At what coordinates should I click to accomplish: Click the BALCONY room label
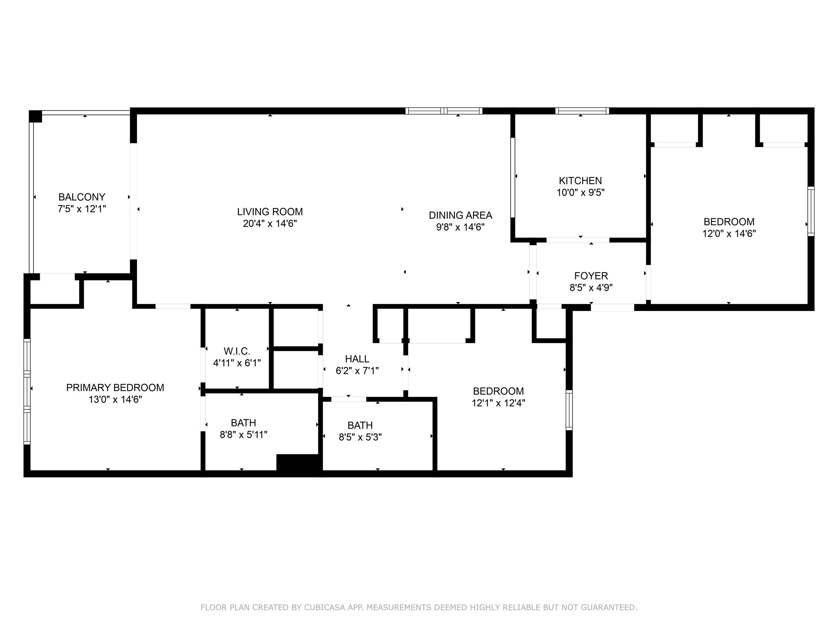(x=82, y=197)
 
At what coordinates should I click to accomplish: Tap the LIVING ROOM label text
(x=270, y=212)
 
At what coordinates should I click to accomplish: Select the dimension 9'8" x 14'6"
(x=460, y=227)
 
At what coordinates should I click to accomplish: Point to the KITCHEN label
(x=580, y=180)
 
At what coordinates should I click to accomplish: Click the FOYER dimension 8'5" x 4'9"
(x=591, y=288)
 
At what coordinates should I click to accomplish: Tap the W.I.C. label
(x=237, y=351)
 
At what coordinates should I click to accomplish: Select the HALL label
(x=357, y=359)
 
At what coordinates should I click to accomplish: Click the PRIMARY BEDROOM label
(x=115, y=387)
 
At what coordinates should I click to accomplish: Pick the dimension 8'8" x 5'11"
(x=244, y=435)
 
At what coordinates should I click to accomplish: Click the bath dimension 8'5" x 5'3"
(x=360, y=437)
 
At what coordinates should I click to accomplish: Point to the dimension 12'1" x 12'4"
(x=499, y=403)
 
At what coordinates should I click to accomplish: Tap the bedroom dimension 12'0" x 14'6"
(x=729, y=233)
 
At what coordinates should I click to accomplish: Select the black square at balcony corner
(x=35, y=116)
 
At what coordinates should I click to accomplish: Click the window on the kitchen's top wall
(x=582, y=111)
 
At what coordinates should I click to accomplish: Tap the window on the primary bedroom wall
(x=27, y=391)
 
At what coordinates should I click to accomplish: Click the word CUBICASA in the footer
(x=325, y=607)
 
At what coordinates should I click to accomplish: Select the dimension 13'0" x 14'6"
(x=115, y=399)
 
